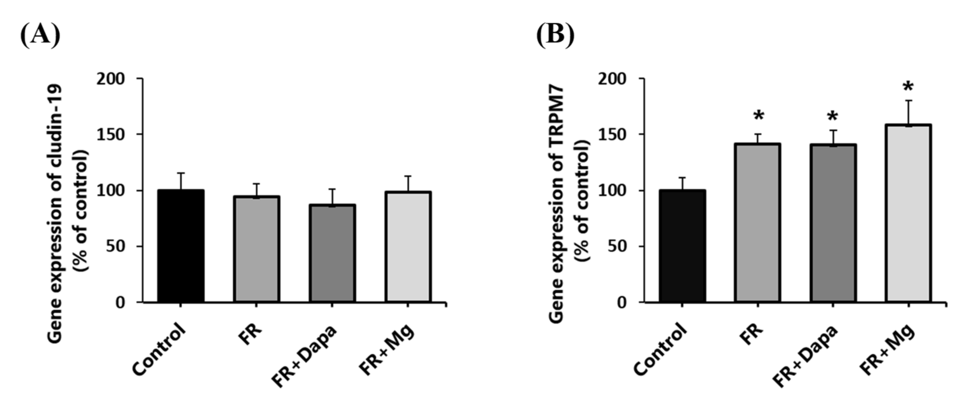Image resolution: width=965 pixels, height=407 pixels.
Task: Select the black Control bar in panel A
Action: pyautogui.click(x=181, y=246)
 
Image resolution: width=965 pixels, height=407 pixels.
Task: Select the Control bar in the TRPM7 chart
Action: pyautogui.click(x=683, y=246)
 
